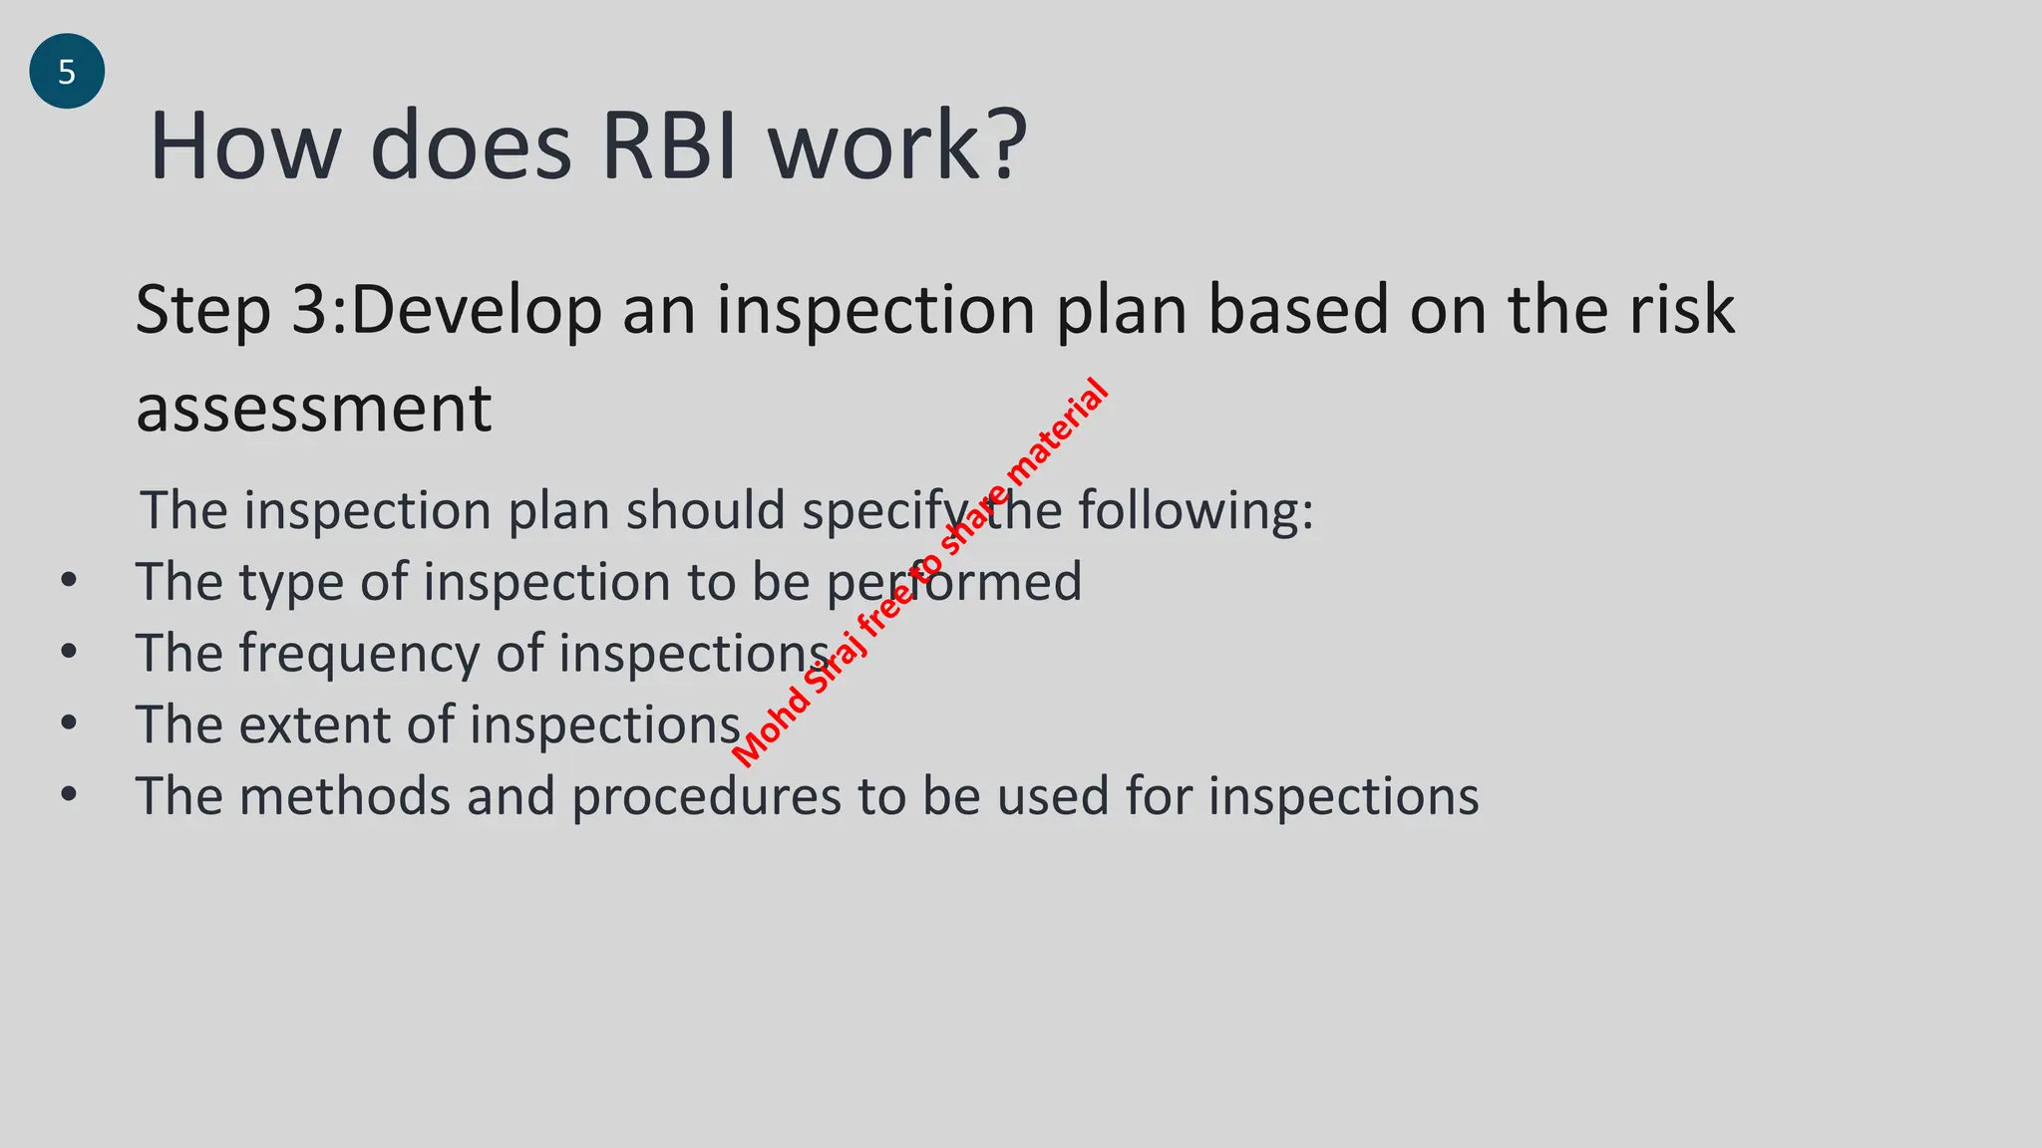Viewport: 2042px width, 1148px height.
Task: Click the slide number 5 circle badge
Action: click(67, 71)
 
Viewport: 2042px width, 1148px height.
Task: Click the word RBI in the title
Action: click(669, 146)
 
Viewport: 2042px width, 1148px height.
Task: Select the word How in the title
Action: click(245, 146)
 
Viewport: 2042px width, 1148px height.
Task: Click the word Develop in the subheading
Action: click(477, 312)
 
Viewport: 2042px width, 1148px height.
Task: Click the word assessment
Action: click(314, 409)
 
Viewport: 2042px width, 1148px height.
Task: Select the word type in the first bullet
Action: click(290, 584)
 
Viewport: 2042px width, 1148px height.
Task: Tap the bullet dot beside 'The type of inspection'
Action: click(68, 580)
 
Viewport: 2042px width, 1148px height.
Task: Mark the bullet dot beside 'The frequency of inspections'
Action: click(68, 652)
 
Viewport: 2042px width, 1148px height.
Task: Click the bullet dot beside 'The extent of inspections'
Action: click(68, 722)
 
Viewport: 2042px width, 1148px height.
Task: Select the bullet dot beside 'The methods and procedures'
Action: click(68, 794)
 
